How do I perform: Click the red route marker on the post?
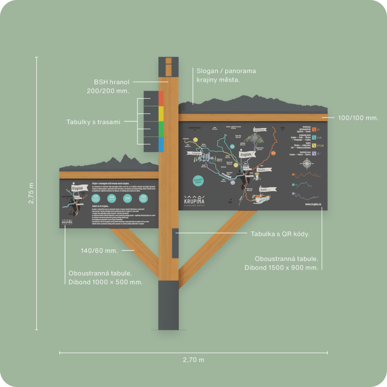[161, 98]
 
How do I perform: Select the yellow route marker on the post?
[161, 113]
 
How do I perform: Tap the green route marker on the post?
[161, 129]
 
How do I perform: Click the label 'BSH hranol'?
[112, 82]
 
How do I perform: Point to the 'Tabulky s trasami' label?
[95, 122]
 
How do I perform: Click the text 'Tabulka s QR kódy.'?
[280, 234]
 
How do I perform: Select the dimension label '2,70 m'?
[193, 360]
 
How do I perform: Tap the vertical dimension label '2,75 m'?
[31, 193]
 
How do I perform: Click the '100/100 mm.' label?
[358, 117]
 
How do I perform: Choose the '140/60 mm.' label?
[99, 250]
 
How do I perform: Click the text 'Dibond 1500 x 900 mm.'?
[281, 268]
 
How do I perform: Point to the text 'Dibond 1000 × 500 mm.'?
[105, 282]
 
